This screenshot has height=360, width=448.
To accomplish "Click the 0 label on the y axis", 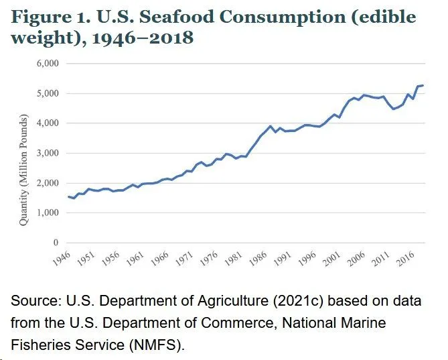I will click(x=56, y=243).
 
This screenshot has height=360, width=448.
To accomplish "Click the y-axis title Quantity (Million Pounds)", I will click(x=23, y=170).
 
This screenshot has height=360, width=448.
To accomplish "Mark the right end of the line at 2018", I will click(x=423, y=85).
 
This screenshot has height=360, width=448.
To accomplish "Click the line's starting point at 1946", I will click(x=68, y=196).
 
